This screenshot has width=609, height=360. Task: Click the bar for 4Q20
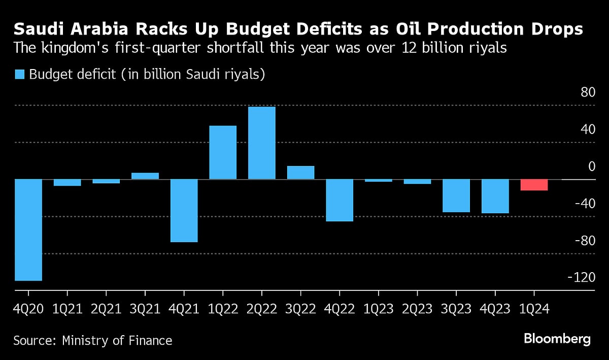click(28, 230)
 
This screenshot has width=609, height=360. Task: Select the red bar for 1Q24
click(534, 185)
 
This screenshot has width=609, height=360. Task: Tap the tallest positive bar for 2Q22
click(261, 143)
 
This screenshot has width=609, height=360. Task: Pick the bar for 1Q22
click(223, 152)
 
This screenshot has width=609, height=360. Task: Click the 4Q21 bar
click(184, 210)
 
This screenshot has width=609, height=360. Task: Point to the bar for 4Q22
click(339, 200)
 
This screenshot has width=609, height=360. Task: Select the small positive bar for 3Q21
click(145, 176)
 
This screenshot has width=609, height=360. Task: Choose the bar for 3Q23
click(456, 195)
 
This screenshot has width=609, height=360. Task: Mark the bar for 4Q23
click(495, 196)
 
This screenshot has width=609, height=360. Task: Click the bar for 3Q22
click(300, 173)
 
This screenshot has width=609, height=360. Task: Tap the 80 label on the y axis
click(588, 93)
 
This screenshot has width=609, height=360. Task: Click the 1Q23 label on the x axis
click(378, 309)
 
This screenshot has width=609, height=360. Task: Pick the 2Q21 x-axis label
click(106, 309)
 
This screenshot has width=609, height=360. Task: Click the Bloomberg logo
click(557, 339)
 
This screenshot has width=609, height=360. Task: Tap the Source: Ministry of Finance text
click(93, 340)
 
